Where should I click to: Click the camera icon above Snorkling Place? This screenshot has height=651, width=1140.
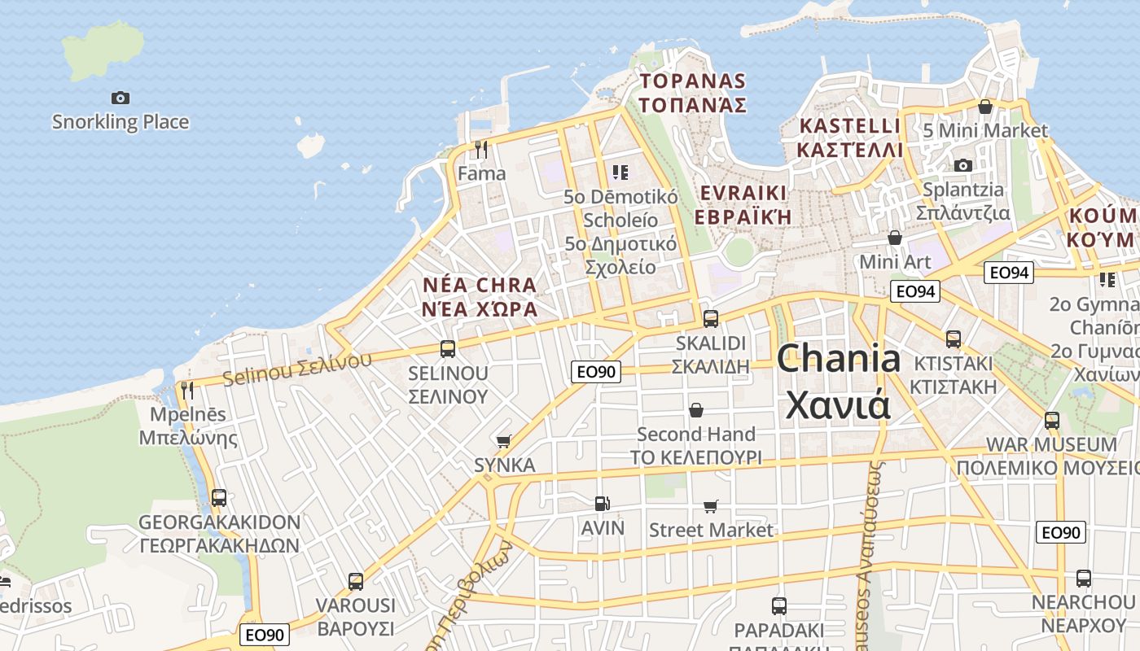point(121,98)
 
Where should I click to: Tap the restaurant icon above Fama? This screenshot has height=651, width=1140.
point(481,149)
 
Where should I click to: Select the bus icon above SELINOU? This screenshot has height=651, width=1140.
point(447,349)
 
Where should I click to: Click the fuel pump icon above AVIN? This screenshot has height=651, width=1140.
point(602,505)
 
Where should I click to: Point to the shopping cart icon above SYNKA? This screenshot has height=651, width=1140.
point(504,441)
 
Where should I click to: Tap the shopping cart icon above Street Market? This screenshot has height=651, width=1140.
point(711,506)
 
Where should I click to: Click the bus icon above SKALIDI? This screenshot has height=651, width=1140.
point(711,318)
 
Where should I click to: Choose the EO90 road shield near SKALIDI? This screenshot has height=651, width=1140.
point(596,372)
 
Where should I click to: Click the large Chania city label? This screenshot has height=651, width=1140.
point(839,381)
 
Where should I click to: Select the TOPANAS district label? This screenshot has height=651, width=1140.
point(693,93)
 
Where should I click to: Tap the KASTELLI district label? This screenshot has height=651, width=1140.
point(851,138)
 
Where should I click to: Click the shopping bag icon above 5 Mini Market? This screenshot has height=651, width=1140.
point(985,107)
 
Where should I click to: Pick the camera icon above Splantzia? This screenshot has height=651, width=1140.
point(963,165)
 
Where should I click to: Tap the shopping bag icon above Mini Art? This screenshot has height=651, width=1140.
point(895,238)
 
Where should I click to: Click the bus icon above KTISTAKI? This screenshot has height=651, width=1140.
point(954,339)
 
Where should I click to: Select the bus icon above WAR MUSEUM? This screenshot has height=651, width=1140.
point(1052,421)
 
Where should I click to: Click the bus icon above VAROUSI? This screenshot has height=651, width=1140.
point(356,581)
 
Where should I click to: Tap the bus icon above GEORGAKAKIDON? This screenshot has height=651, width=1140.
point(219,497)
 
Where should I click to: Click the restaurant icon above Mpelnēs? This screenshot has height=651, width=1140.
point(187,390)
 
